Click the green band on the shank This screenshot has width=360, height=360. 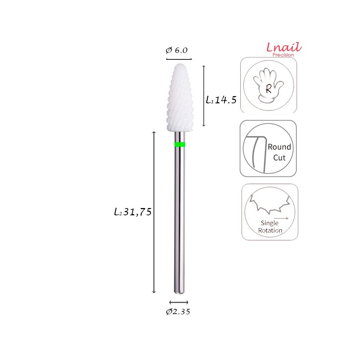[180, 145]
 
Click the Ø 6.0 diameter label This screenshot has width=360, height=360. [177, 50]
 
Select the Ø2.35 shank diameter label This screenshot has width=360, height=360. [178, 312]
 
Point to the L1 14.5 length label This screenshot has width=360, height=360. [221, 100]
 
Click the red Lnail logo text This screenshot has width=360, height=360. [284, 47]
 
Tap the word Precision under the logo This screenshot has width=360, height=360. [283, 55]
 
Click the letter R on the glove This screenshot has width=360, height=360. [269, 90]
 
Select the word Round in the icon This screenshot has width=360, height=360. [279, 147]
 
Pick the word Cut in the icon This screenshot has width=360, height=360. [279, 157]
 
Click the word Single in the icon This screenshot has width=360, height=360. [270, 223]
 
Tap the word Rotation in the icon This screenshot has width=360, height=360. [270, 230]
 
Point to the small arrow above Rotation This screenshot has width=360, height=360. [281, 218]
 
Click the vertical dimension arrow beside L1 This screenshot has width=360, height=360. [204, 96]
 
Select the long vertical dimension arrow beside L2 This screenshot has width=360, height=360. [154, 212]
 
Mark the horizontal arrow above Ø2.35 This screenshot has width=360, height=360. [179, 302]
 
